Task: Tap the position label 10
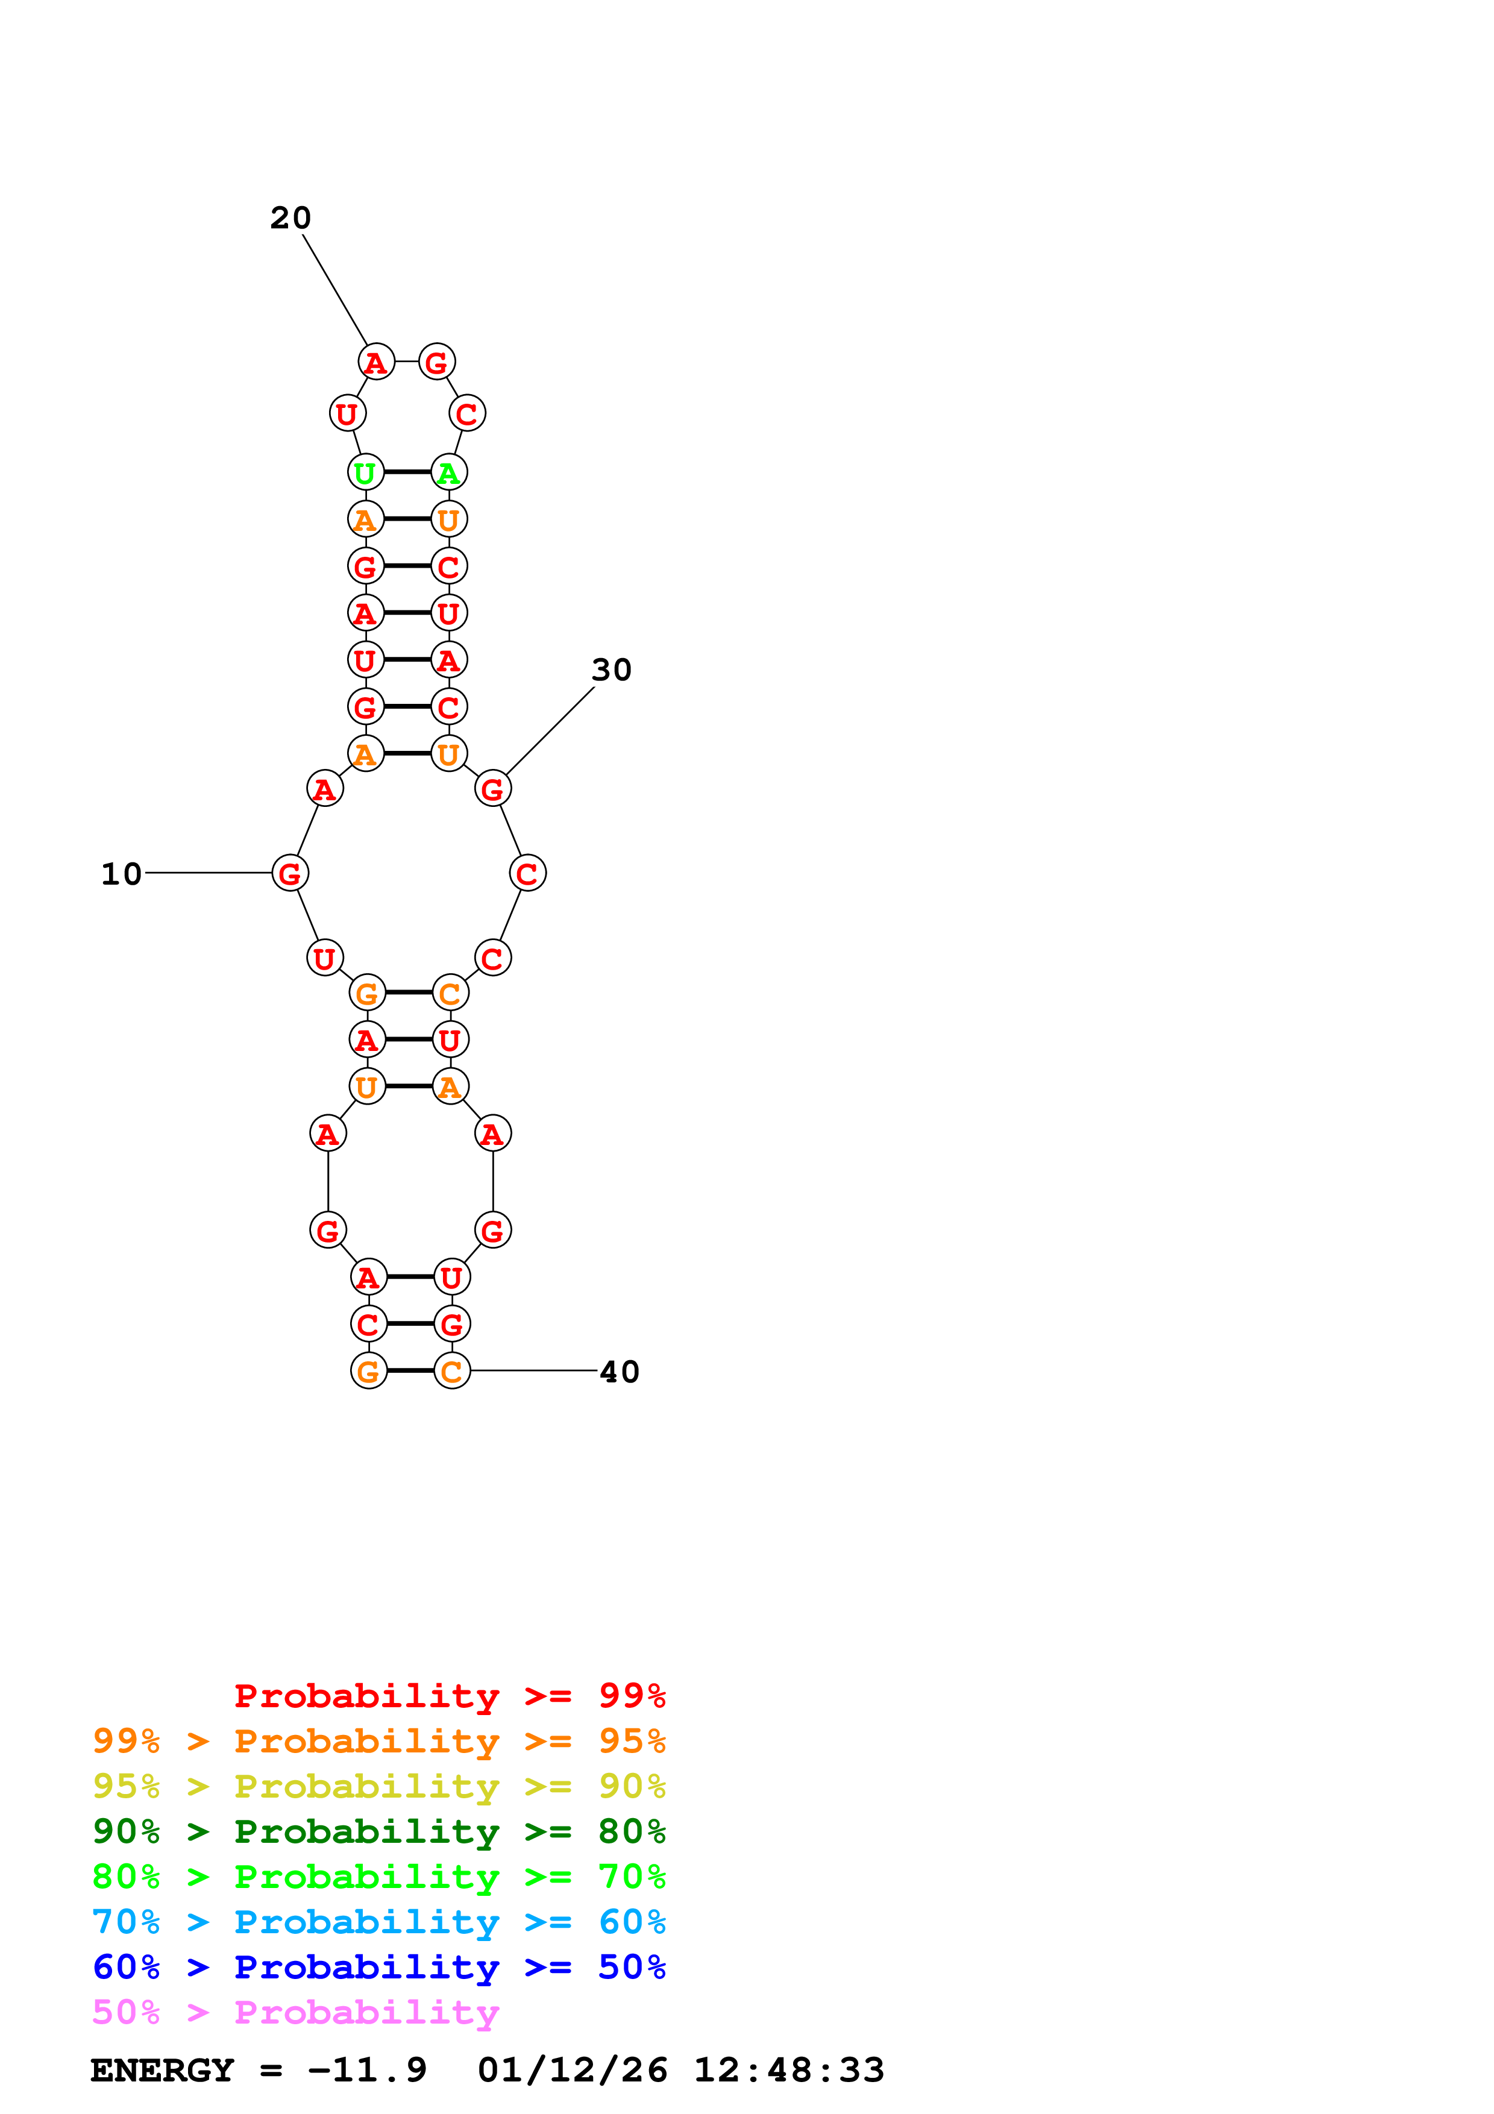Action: click(122, 874)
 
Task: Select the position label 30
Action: click(611, 670)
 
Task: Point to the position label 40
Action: click(620, 1372)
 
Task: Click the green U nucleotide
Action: click(365, 472)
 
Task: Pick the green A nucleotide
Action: click(449, 472)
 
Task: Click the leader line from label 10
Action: click(208, 873)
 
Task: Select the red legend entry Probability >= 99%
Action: click(449, 1696)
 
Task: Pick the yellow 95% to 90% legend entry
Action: click(378, 1786)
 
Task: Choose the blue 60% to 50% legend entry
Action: click(378, 1967)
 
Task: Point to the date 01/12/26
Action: click(573, 2071)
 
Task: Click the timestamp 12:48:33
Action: click(789, 2071)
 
